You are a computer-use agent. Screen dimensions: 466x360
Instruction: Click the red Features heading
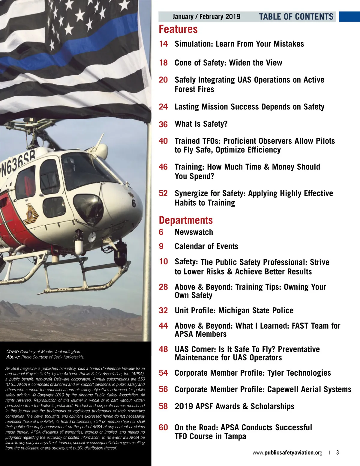(178, 29)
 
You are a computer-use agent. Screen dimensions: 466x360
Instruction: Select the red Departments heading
(186, 220)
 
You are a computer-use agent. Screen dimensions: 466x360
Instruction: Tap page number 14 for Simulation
(163, 44)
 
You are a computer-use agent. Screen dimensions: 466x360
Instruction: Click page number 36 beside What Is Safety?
(163, 124)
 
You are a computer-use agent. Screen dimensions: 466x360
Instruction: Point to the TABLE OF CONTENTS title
(296, 17)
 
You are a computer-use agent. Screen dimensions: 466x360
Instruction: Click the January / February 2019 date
(206, 17)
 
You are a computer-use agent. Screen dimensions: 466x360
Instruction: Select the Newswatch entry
(194, 232)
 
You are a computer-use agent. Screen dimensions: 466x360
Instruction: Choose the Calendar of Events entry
(206, 246)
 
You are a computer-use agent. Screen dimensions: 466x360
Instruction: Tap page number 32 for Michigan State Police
(163, 310)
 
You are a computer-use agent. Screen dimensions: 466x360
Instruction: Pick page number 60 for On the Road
(163, 427)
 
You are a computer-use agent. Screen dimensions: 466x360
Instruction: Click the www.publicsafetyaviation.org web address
(287, 452)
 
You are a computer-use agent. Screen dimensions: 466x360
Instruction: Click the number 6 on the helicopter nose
(133, 203)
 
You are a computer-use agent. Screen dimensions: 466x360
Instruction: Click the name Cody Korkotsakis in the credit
(69, 357)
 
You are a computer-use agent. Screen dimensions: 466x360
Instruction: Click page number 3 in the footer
(337, 452)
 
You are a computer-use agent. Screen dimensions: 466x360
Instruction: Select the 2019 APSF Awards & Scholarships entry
(234, 406)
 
